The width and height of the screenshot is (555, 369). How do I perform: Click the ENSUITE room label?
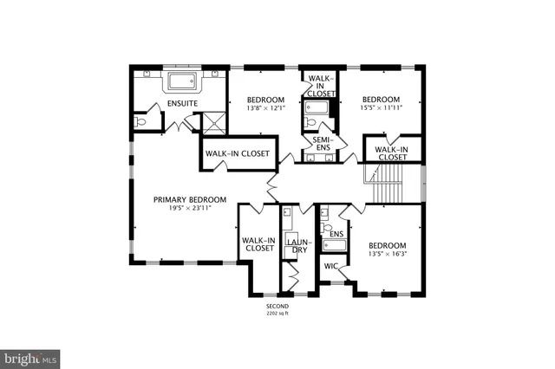point(182,104)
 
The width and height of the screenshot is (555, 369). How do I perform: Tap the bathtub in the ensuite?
point(182,83)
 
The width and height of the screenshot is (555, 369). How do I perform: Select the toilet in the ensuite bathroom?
point(142,122)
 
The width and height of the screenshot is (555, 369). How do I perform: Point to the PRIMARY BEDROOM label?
point(190,199)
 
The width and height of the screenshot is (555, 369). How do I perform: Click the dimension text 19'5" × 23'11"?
point(190,208)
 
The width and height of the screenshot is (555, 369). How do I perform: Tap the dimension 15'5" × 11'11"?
point(382,107)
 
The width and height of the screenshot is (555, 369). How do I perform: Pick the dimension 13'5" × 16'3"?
point(386,254)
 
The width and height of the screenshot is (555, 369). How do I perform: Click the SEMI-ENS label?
point(322,144)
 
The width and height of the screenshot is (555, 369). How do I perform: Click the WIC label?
point(330,266)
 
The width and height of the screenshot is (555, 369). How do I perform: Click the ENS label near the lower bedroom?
point(337,234)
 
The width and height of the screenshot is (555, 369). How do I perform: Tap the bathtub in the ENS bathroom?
point(334,246)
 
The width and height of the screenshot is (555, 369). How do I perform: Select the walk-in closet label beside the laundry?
point(258,244)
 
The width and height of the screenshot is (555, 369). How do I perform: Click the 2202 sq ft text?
point(277,314)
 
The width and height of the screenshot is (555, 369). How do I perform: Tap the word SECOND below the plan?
point(277,307)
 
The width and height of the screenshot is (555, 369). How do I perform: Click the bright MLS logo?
point(30,357)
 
